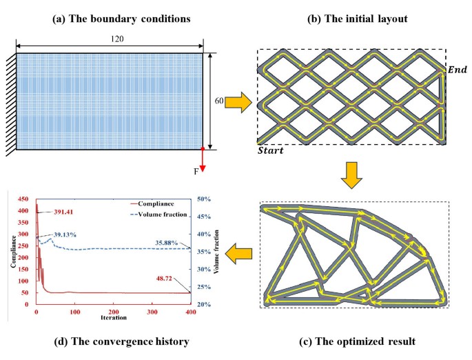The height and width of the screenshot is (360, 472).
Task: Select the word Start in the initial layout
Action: (271, 150)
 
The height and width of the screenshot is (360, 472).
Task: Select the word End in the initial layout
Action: (457, 70)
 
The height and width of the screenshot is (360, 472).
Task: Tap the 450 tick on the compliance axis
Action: (24, 199)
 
